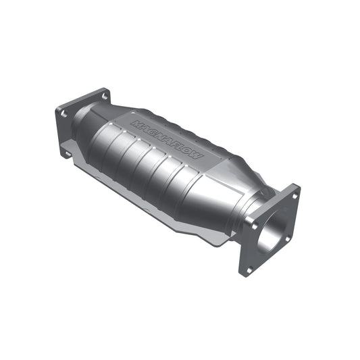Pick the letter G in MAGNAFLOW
[154, 129]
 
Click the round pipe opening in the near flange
[276, 228]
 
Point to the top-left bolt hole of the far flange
[63, 114]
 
